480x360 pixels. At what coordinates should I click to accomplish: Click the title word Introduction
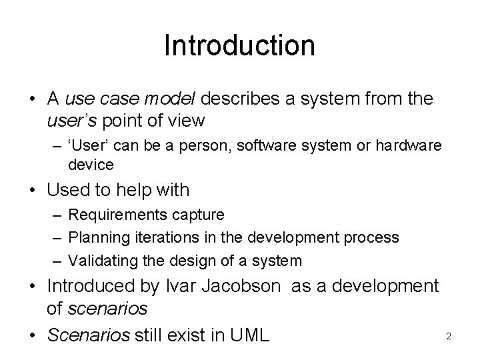pos(239,45)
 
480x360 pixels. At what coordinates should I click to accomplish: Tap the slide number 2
pos(449,336)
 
